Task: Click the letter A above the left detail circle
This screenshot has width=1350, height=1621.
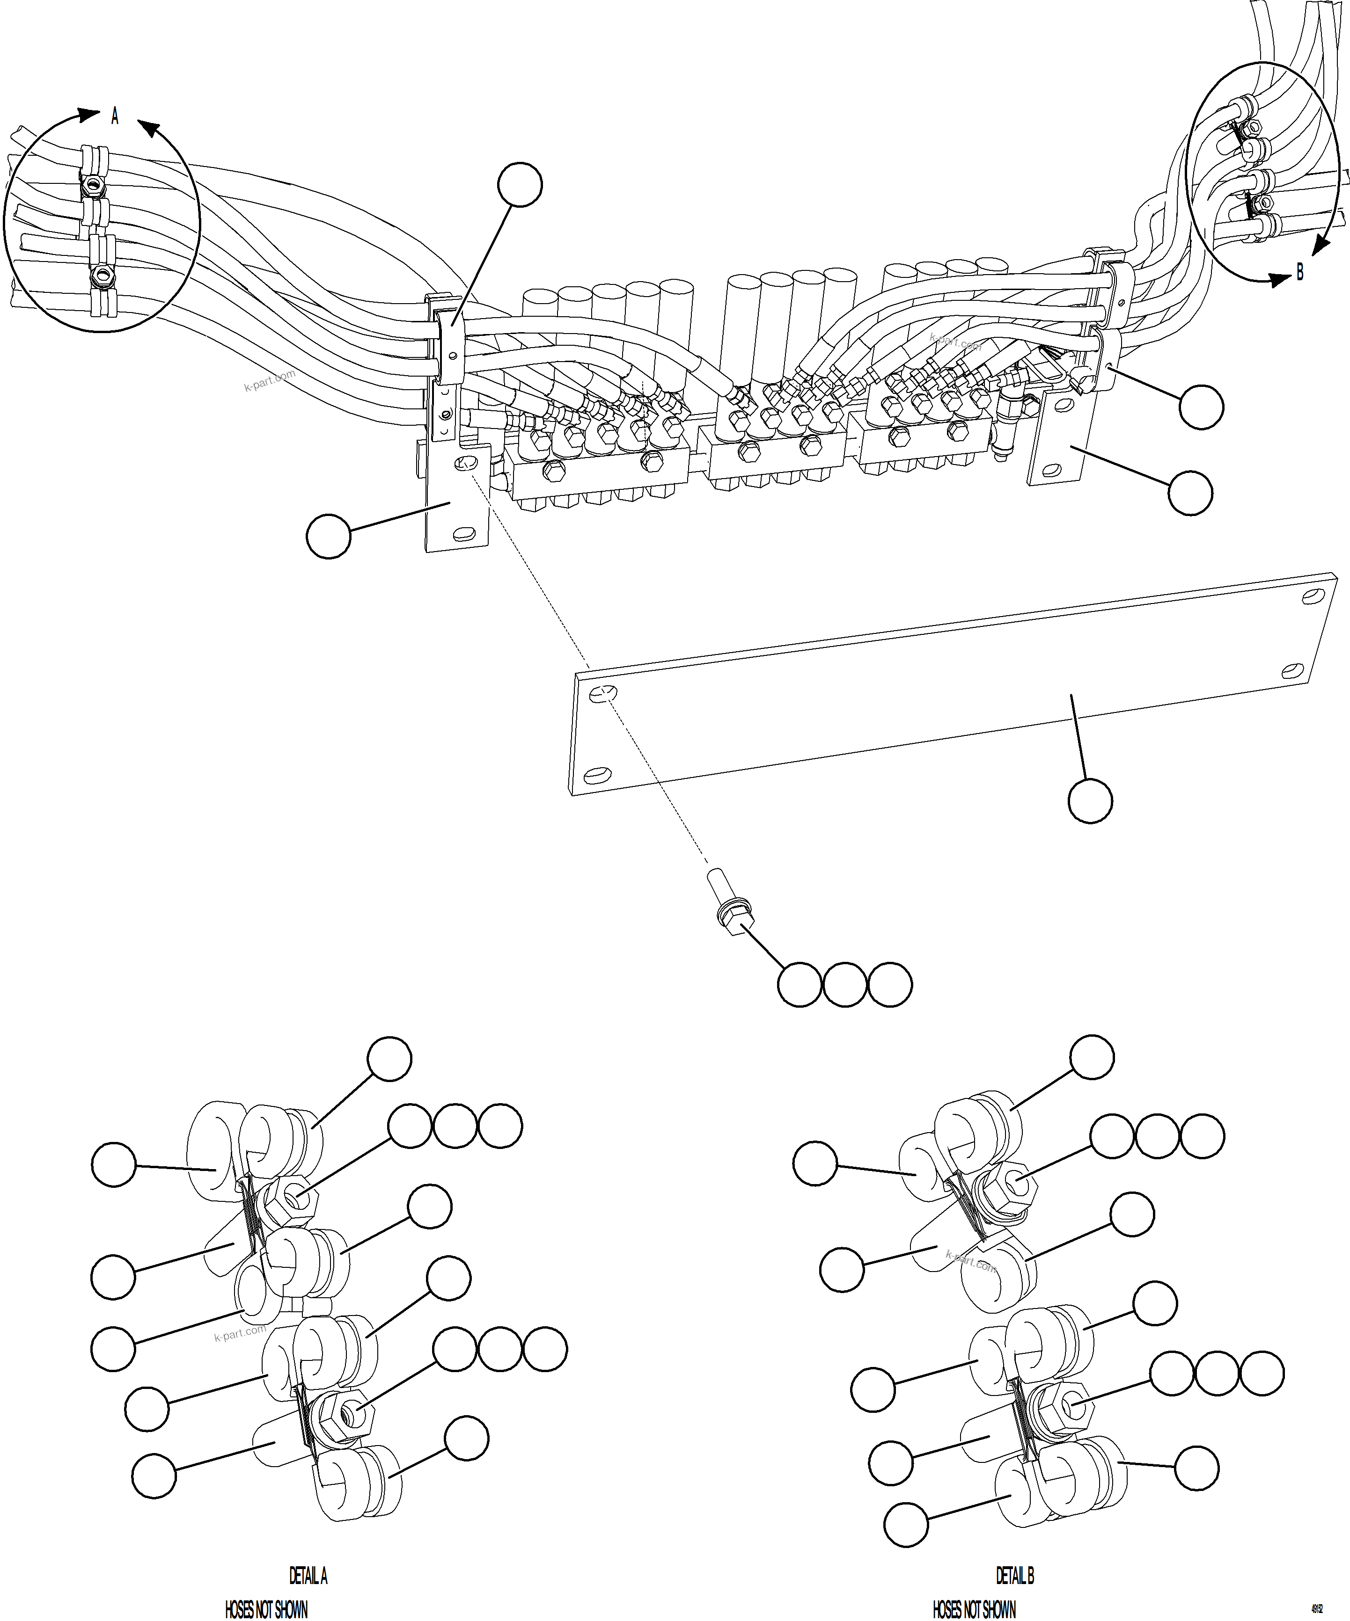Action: (x=115, y=116)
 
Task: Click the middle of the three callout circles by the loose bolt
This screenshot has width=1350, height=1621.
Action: (x=845, y=984)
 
